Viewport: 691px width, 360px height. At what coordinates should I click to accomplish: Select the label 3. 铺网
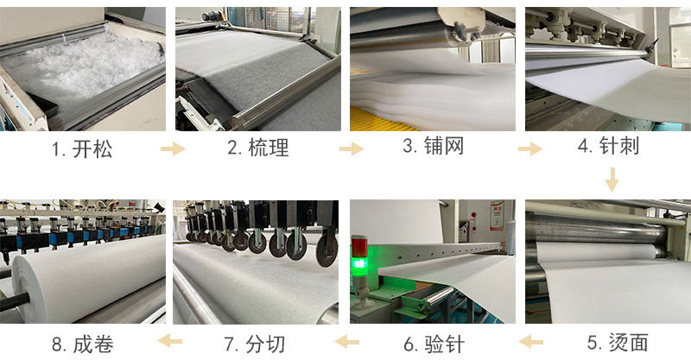click(433, 146)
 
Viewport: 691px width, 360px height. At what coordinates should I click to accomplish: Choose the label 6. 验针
click(433, 344)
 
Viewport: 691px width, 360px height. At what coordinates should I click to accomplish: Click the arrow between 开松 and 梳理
click(173, 149)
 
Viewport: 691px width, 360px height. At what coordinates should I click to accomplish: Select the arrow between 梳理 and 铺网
click(351, 149)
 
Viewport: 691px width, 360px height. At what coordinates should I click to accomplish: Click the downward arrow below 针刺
click(612, 179)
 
